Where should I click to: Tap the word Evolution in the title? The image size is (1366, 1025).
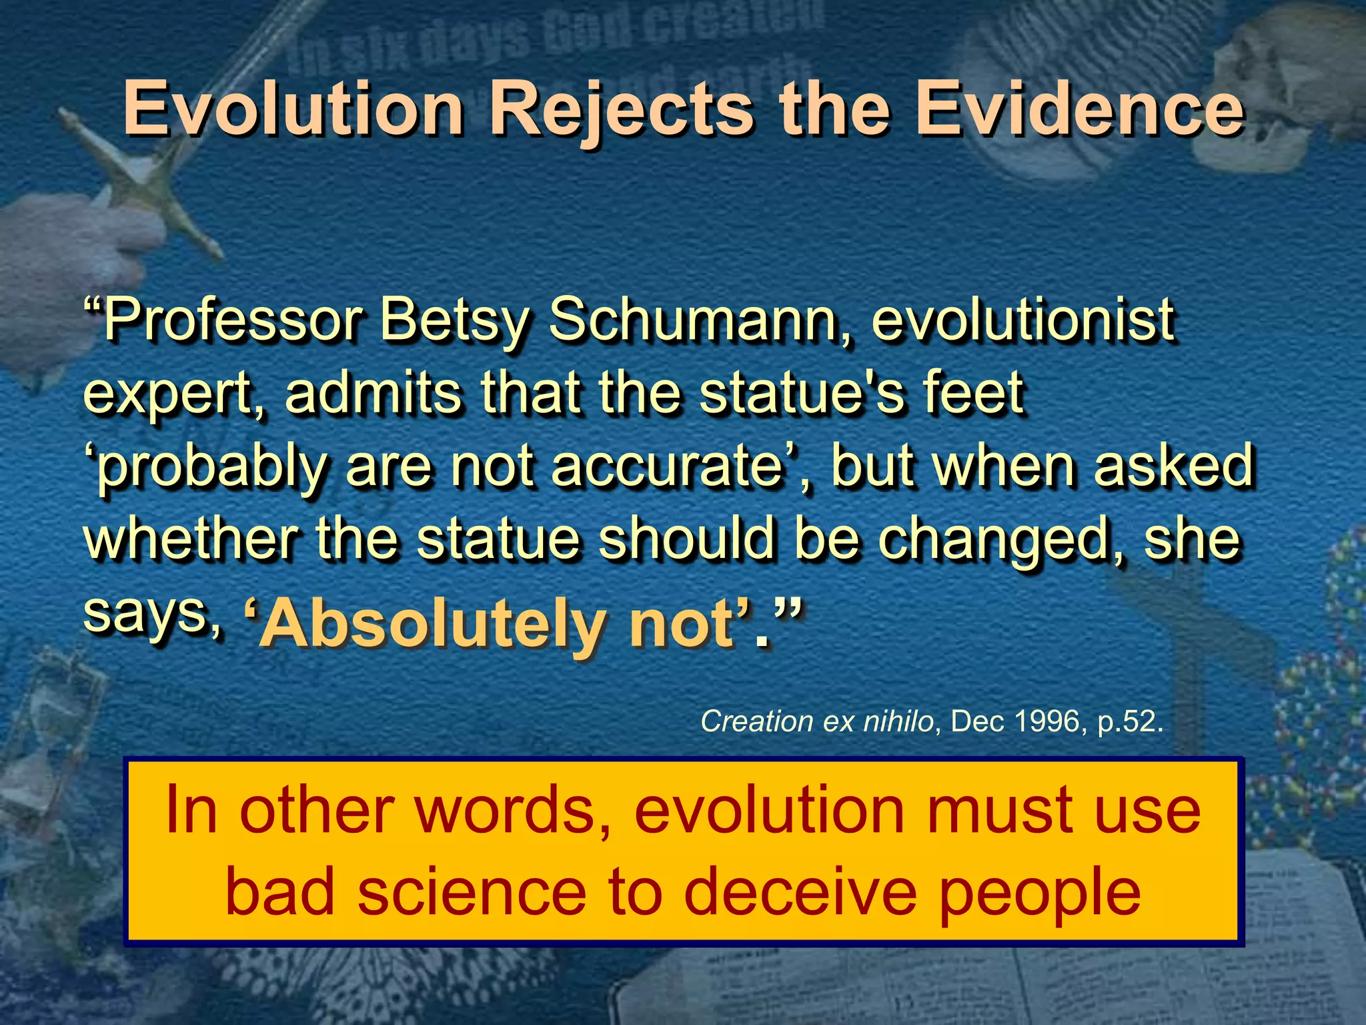[293, 108]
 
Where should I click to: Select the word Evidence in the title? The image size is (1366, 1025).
[1079, 108]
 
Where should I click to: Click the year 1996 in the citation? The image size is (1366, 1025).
[1047, 721]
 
